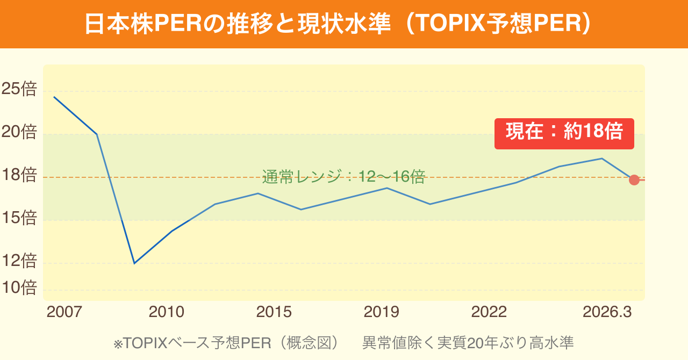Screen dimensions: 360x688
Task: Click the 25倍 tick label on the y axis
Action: tap(19, 89)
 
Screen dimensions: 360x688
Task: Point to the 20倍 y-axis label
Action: tap(19, 132)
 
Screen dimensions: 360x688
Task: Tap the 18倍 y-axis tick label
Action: tap(19, 175)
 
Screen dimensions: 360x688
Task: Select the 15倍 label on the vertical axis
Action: tap(19, 218)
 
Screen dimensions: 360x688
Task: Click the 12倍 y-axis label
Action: tap(19, 261)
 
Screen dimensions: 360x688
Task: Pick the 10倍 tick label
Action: tap(19, 287)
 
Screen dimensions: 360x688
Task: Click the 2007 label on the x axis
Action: tap(64, 312)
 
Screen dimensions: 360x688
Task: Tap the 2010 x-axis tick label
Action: tap(167, 312)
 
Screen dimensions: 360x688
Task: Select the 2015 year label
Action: tap(274, 312)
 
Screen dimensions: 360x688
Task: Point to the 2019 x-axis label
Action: tap(382, 312)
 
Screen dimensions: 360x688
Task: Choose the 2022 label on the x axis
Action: tap(489, 312)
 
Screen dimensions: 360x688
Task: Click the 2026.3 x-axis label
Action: tap(607, 312)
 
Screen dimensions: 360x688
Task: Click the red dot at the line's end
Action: tap(634, 180)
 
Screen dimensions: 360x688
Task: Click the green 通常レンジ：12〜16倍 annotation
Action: tap(344, 177)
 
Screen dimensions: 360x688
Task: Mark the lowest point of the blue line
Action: tap(134, 263)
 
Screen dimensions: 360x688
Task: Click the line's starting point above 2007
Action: tap(54, 97)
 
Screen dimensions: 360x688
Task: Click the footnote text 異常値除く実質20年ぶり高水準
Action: tap(468, 343)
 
